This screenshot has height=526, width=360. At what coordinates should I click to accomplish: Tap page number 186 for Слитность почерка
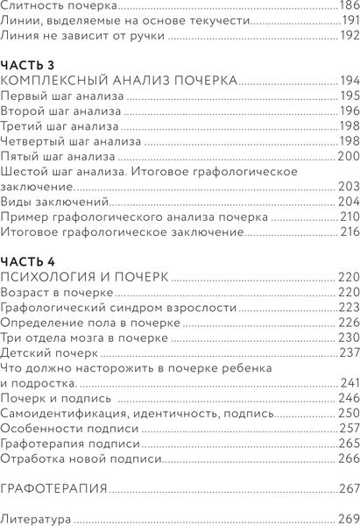347,6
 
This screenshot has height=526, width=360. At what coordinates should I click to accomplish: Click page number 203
347,187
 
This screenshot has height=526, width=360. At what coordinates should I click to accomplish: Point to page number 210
348,217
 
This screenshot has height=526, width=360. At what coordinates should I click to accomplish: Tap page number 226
347,323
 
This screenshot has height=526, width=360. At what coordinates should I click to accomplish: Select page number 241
348,383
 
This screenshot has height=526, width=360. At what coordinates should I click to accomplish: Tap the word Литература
36,518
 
